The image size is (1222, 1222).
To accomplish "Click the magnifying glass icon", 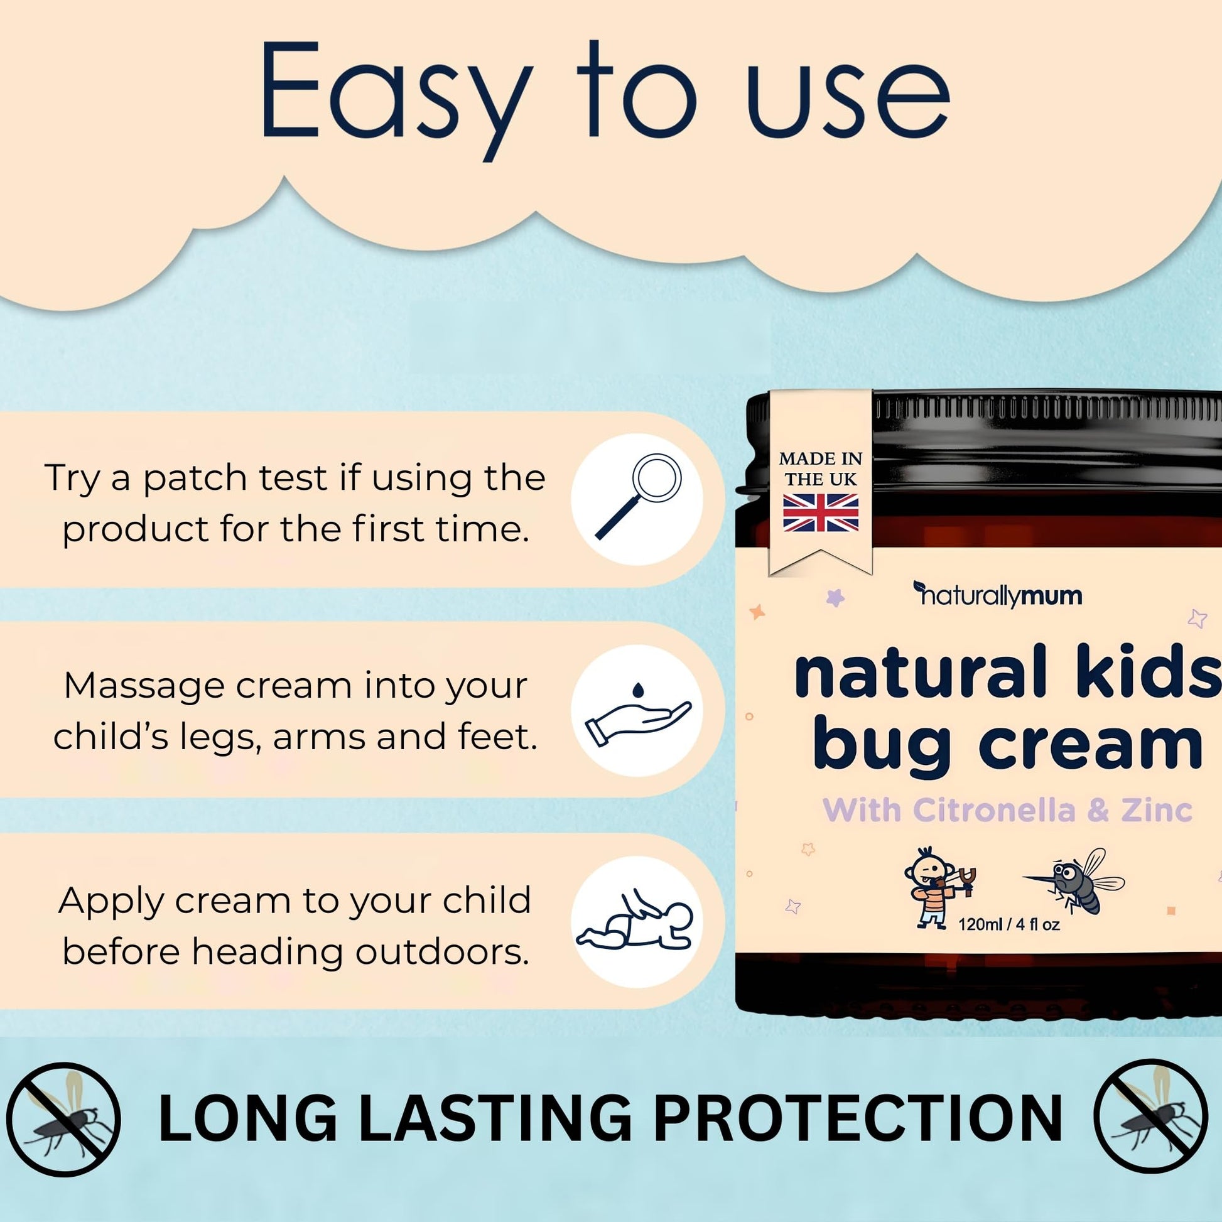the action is [637, 497].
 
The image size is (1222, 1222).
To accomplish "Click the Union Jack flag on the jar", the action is [820, 513].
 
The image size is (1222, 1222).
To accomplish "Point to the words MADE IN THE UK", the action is [820, 468].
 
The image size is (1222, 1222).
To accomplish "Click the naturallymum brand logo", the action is [997, 595].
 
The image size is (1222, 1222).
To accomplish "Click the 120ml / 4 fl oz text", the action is [1009, 924].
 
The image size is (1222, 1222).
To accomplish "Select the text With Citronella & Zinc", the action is [1007, 810].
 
